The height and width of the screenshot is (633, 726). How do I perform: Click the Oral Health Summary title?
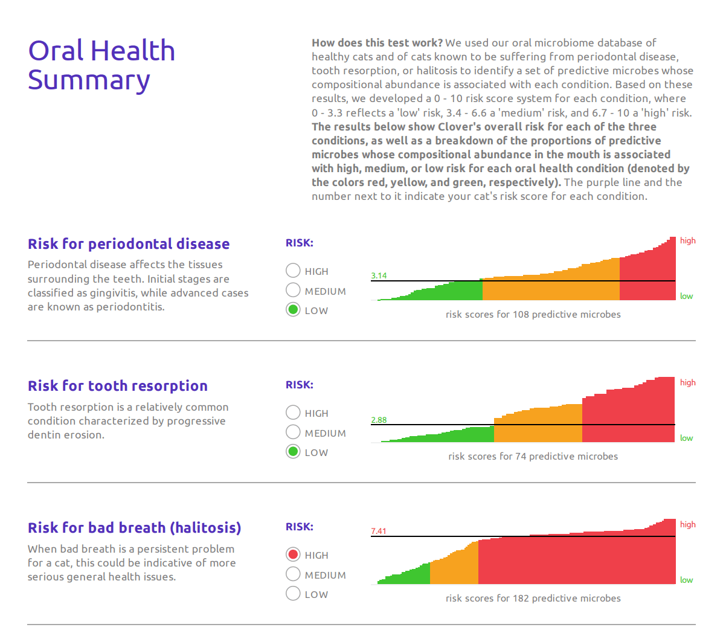coord(101,65)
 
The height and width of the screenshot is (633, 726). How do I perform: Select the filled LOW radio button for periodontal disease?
coord(293,310)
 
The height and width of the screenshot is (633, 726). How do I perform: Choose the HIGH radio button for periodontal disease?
coord(293,271)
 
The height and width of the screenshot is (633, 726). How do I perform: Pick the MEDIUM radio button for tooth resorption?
coord(293,432)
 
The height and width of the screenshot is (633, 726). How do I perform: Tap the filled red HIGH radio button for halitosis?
coord(293,554)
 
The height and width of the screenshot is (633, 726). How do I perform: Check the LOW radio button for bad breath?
coord(293,594)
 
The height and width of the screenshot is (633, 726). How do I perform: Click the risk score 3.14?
coord(379,275)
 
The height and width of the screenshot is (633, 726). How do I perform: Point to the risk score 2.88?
coord(379,420)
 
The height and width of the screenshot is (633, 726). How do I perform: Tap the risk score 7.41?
coord(379,531)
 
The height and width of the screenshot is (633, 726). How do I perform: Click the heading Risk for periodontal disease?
coord(129,244)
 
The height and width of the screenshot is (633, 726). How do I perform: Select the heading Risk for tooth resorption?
coord(118,386)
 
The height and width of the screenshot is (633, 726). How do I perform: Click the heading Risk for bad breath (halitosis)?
coord(134,528)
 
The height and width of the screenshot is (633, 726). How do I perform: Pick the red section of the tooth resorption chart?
coord(628,417)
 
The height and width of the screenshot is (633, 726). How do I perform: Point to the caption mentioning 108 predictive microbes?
coord(533,314)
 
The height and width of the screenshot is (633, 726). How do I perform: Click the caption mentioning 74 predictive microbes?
coord(533,456)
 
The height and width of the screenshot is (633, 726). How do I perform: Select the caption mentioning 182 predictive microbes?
coord(533,598)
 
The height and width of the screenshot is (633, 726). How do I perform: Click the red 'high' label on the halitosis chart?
coord(687,524)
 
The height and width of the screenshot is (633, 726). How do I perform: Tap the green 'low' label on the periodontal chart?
coord(686,296)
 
